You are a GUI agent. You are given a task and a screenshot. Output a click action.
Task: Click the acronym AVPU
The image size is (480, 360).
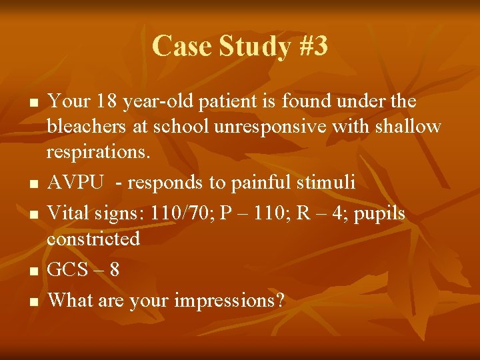(x=75, y=182)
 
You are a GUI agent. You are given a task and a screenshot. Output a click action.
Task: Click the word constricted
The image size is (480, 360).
(x=93, y=238)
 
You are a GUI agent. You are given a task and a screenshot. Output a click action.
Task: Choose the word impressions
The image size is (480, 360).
(x=229, y=301)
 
